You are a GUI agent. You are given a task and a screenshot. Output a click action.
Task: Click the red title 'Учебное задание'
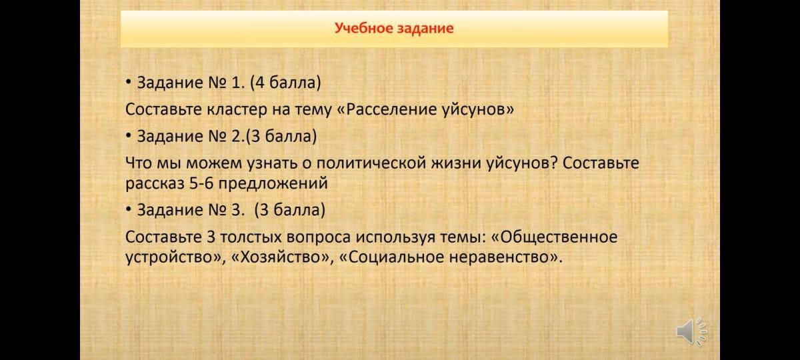click(x=394, y=28)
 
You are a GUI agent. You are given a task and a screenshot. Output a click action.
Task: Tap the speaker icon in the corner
click(x=692, y=331)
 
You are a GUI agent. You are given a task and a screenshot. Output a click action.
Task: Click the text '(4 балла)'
click(x=285, y=83)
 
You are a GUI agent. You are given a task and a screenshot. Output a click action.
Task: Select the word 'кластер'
click(x=237, y=109)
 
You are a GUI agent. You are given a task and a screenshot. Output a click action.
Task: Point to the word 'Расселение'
click(x=391, y=109)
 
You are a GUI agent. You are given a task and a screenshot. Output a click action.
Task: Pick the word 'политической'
click(x=371, y=163)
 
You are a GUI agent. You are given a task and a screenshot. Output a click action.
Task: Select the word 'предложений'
click(x=273, y=184)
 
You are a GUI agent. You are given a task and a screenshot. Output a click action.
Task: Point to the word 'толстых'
click(x=251, y=237)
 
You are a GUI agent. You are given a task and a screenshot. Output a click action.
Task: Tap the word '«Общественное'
click(x=555, y=237)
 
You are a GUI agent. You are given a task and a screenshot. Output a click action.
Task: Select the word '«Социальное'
click(x=391, y=257)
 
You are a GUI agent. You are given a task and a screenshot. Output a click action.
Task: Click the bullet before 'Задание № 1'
click(x=128, y=83)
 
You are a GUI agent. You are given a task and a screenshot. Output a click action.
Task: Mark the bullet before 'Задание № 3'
click(x=128, y=209)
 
